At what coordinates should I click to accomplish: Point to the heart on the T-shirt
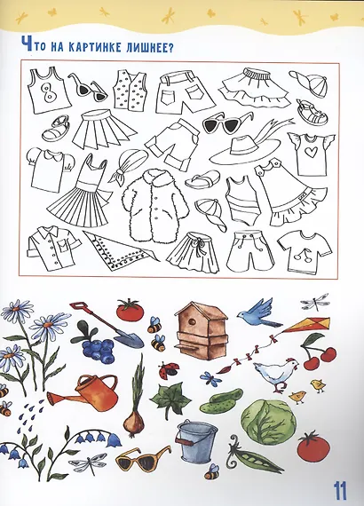[x=312, y=153]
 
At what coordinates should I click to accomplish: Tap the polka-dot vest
[x=130, y=89]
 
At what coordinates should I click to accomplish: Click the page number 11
[x=339, y=491]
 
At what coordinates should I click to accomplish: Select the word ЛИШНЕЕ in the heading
[x=140, y=48]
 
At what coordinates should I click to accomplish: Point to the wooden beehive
[x=198, y=330]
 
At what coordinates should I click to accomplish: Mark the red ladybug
[x=169, y=369]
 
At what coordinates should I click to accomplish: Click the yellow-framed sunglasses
[x=143, y=459]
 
